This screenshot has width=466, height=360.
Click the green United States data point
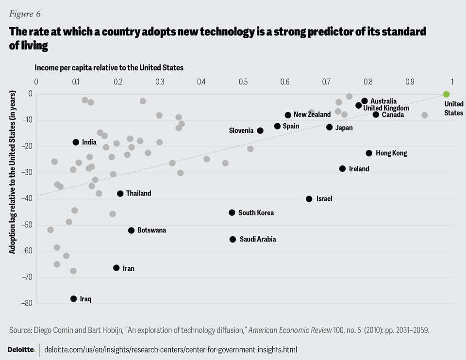[x=447, y=94]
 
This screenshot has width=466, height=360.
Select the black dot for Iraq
[x=74, y=299]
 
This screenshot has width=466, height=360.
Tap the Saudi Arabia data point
[x=233, y=239]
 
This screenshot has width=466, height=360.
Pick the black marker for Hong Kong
[x=369, y=153]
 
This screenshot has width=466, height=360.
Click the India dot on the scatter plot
[x=76, y=142]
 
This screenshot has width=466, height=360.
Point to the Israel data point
[x=309, y=199]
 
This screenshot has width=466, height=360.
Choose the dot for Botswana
[x=131, y=230]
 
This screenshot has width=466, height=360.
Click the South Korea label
[x=256, y=213]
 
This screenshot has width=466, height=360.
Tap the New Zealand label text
[x=312, y=115]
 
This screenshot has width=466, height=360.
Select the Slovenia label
[x=241, y=131]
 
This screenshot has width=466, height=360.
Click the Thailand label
[x=138, y=194]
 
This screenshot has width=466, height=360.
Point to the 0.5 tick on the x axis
[x=243, y=81]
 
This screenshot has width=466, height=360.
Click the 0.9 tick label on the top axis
[x=410, y=81]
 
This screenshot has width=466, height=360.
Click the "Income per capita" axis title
[x=108, y=67]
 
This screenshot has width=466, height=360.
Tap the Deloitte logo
[x=21, y=349]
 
